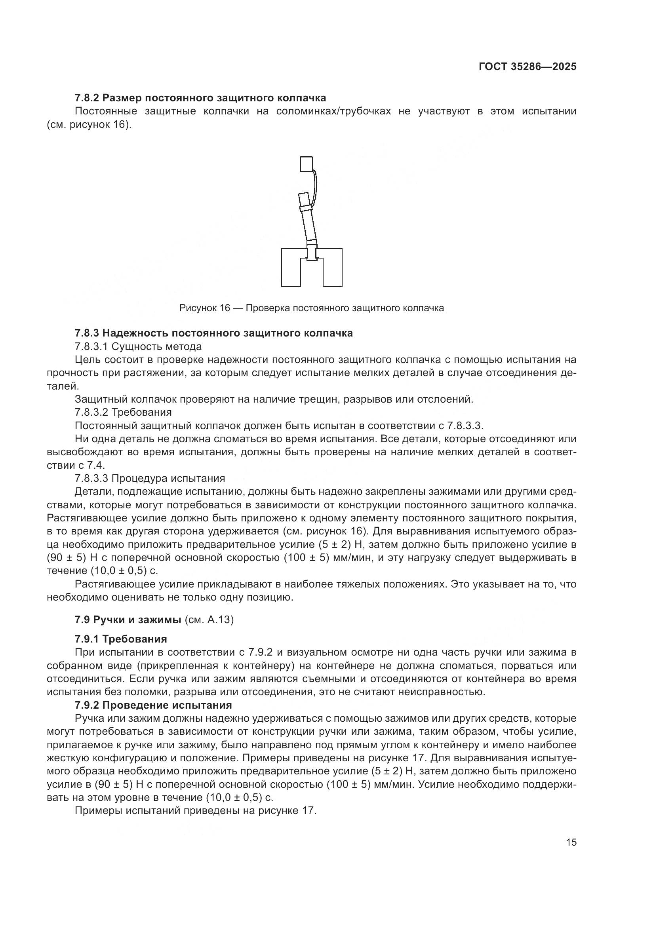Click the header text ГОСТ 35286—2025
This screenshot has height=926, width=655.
(527, 67)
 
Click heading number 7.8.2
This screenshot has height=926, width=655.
(87, 98)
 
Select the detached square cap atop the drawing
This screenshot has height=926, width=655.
(307, 164)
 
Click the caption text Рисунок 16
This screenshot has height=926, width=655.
(204, 308)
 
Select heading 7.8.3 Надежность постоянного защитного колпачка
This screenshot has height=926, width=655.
(214, 333)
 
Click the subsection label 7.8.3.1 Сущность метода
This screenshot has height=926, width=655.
(138, 346)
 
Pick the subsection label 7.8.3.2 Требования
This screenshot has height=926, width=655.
(123, 412)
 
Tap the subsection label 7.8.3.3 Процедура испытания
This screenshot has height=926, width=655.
(150, 478)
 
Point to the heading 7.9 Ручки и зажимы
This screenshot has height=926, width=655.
(128, 620)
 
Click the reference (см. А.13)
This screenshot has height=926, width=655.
(209, 620)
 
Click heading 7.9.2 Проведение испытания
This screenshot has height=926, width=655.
(153, 705)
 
